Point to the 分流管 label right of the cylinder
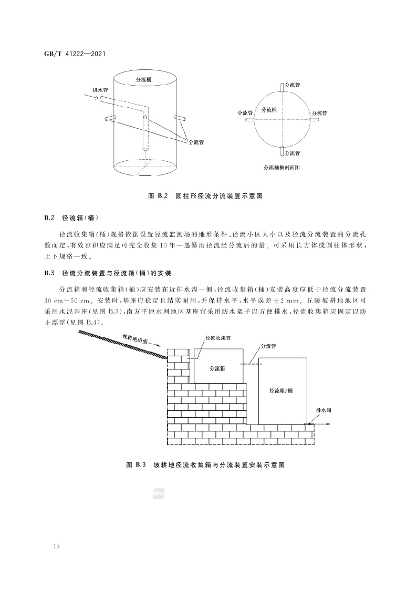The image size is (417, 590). pos(195,141)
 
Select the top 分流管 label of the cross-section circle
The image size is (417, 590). pos(293,85)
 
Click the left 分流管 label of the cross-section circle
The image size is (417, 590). pos(245,112)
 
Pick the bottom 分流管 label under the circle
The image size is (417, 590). pos(292,153)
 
